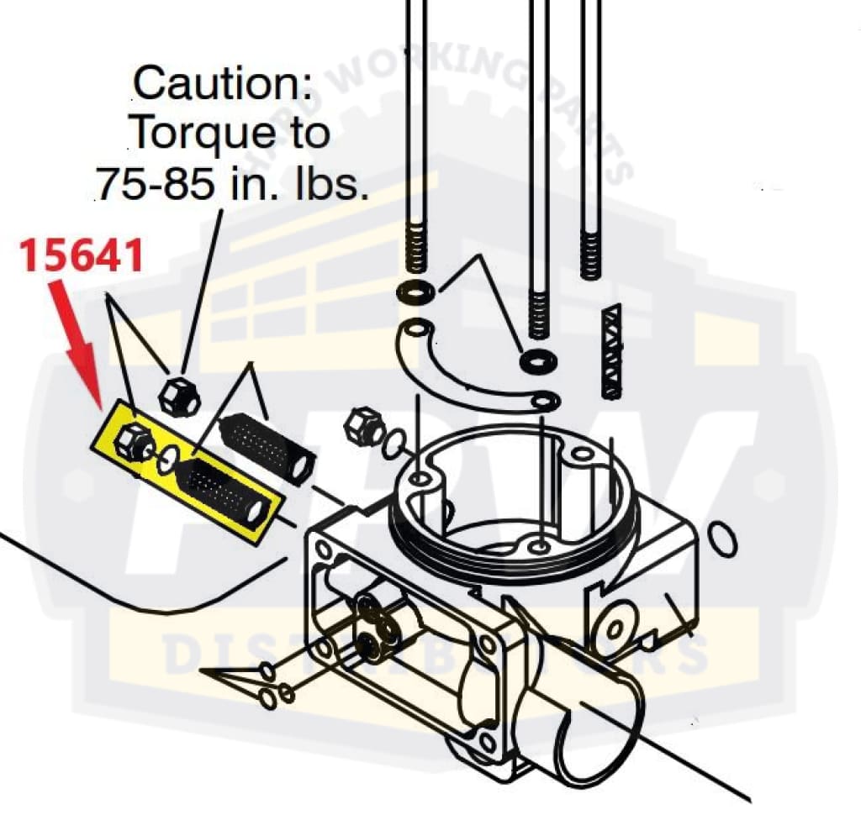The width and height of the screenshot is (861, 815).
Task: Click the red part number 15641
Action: [x=82, y=255]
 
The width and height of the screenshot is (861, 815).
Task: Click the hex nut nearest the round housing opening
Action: [x=363, y=424]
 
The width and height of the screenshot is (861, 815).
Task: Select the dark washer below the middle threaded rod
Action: [x=536, y=362]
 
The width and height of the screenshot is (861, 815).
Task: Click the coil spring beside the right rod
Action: [x=611, y=350]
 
